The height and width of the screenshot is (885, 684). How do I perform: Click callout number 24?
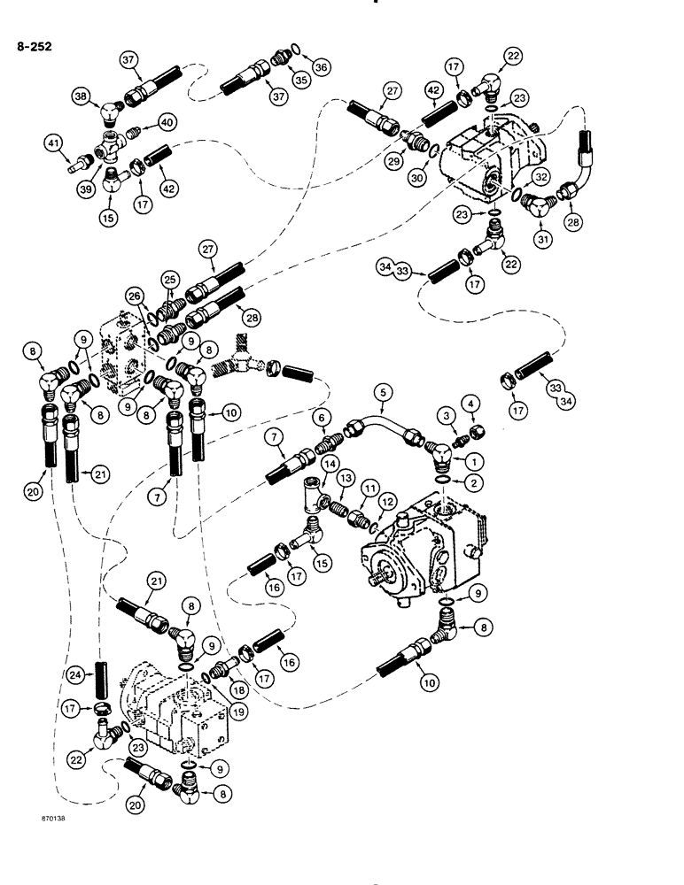[78, 675]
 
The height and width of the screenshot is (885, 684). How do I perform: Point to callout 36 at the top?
[321, 65]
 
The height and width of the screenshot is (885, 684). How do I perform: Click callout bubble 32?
[541, 176]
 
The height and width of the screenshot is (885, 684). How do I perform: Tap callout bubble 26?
[136, 296]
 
